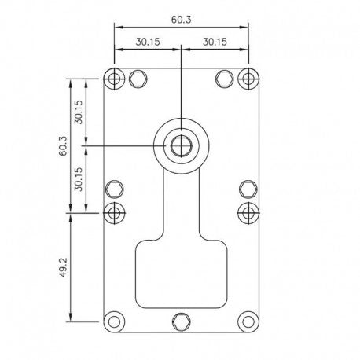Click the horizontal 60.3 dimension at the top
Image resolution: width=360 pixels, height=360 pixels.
(x=182, y=20)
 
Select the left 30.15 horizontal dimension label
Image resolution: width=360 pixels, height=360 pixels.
(x=148, y=42)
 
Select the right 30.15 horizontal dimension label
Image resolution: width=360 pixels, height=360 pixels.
(x=215, y=42)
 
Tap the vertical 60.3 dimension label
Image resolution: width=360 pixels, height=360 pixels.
(x=63, y=145)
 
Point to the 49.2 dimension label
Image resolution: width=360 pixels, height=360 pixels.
(x=63, y=267)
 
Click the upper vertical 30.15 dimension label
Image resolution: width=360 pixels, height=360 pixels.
(x=79, y=112)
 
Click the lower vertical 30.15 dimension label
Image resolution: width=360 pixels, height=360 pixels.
(x=79, y=179)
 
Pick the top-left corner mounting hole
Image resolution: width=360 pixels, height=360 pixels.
(x=114, y=79)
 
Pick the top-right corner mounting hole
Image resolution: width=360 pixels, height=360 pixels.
(x=248, y=79)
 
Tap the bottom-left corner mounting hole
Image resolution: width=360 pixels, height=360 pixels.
(x=114, y=321)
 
